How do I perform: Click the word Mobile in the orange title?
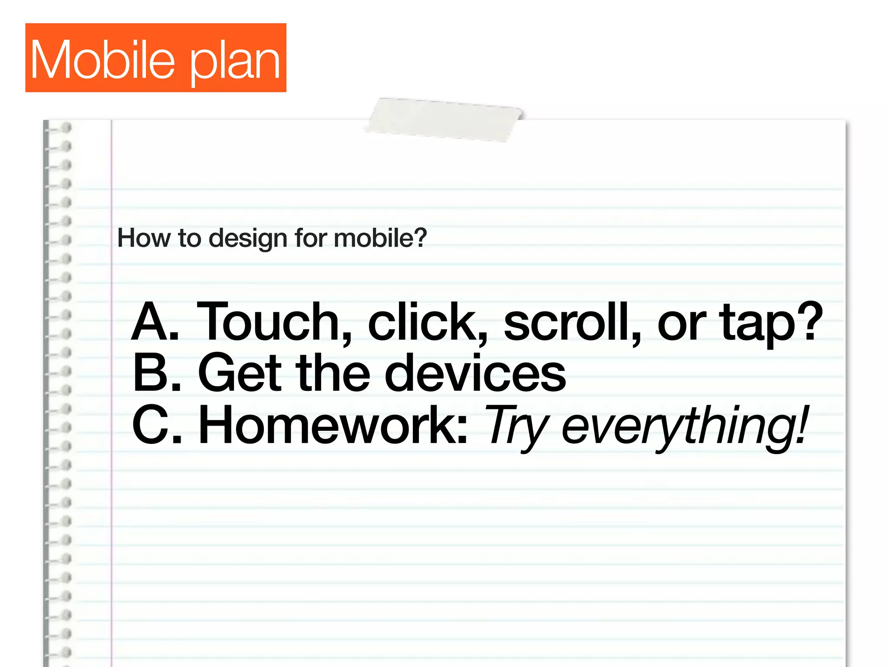coord(102,59)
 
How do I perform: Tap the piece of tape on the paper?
coord(444,119)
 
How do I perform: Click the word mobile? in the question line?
coord(380,238)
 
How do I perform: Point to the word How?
coord(144,238)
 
